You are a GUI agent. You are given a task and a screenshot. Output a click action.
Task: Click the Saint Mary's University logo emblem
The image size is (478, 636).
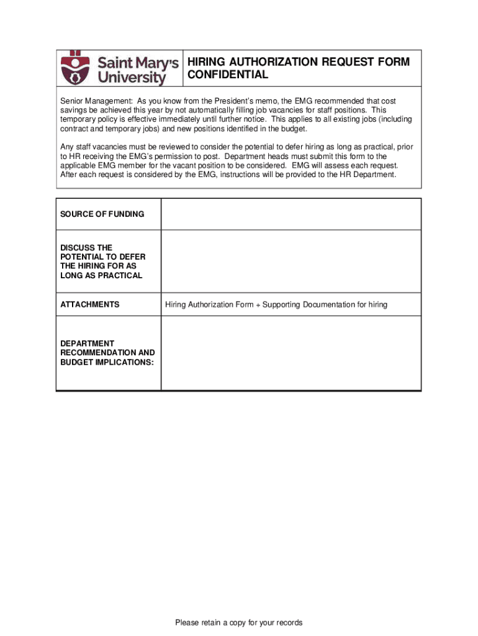[x=74, y=68]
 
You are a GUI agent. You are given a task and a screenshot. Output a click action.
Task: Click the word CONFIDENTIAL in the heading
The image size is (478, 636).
[x=228, y=75]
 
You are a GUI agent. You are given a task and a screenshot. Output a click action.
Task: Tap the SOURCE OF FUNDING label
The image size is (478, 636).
[x=102, y=214]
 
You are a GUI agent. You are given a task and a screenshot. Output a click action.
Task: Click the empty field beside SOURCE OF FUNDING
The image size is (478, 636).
[x=291, y=214]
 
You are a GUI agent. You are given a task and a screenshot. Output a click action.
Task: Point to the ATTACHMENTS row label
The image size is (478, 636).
[x=89, y=304]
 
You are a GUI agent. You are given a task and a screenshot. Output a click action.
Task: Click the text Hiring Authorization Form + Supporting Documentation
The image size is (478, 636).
[x=276, y=304]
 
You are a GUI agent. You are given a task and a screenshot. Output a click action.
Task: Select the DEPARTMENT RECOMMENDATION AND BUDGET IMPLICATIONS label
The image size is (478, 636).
[x=107, y=353]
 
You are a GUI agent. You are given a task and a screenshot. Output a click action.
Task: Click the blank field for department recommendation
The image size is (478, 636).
[x=291, y=353]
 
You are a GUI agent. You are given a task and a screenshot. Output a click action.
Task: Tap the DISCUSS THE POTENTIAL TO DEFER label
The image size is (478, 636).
[x=101, y=261]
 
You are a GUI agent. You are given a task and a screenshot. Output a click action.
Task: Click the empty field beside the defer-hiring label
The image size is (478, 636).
[x=291, y=261]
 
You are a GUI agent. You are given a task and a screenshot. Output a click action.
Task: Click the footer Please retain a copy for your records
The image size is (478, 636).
[x=238, y=622]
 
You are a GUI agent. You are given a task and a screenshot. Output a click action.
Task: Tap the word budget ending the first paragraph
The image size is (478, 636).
[x=294, y=129]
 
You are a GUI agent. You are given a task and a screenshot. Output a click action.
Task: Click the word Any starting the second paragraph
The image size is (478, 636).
[x=66, y=147]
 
